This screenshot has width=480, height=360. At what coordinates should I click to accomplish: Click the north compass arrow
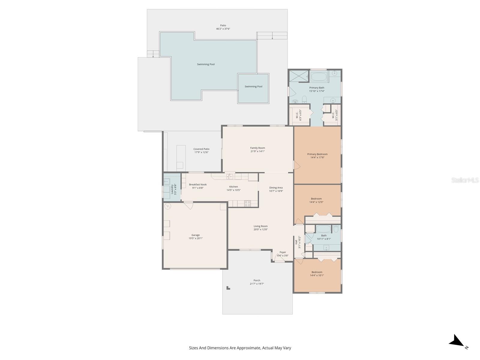(457, 341)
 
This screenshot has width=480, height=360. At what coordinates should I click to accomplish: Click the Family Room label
(257, 148)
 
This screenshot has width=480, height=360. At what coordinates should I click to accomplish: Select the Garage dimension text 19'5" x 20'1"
(196, 238)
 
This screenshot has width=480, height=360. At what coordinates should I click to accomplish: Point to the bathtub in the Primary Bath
(319, 76)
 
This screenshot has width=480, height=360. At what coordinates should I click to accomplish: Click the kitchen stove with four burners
(247, 203)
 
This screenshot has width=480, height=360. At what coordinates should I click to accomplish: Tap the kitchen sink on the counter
(229, 176)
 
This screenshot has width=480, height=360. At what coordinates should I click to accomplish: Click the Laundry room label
(172, 189)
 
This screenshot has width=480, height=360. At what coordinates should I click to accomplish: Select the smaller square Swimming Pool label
(253, 86)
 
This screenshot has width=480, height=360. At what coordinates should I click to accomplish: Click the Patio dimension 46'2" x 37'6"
(223, 29)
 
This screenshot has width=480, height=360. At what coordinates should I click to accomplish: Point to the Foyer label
(283, 252)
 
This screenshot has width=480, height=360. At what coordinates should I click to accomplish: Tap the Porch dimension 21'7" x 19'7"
(257, 284)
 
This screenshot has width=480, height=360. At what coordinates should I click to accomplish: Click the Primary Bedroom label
(317, 154)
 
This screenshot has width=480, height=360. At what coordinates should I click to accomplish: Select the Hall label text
(296, 242)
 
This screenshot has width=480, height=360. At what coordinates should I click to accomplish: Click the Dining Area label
(276, 188)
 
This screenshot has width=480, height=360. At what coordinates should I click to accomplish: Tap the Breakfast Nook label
(198, 184)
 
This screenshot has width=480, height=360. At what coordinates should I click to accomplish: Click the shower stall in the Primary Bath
(299, 76)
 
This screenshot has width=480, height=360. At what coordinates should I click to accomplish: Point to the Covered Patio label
(201, 149)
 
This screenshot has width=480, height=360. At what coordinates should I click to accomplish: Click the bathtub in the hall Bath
(323, 229)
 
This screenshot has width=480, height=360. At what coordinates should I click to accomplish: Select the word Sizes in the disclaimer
(194, 348)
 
